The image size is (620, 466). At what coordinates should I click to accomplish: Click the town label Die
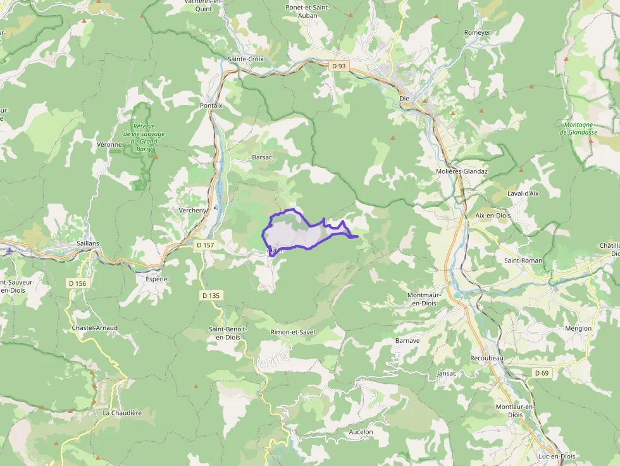coord(405,98)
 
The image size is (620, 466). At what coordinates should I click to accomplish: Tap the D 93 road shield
coord(338,65)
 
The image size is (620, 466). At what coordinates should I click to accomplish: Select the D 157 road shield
coord(205,245)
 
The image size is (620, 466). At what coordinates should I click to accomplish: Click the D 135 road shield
coord(212,295)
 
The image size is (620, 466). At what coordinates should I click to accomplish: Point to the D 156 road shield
coord(76,283)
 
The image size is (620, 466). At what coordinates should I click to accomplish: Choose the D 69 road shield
coord(542,373)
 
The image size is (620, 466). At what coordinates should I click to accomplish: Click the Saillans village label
coord(87,243)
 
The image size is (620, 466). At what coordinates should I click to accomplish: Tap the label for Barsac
coord(262,157)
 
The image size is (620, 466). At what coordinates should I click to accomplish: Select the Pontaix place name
coord(211,106)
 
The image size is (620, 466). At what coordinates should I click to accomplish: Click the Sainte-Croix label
coord(245,59)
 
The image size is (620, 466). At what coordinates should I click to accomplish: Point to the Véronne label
coord(109,145)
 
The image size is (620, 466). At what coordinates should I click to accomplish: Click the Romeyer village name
coord(477,32)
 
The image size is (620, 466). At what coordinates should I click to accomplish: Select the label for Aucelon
coord(361,432)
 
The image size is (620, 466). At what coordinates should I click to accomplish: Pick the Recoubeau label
coord(487,358)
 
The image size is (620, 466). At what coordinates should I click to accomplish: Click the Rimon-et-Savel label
coord(292,332)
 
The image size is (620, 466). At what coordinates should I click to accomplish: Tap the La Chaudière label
coord(122,412)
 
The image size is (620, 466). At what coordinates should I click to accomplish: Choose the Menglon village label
coord(578,328)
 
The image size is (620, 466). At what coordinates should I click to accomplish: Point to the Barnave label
coord(407,340)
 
